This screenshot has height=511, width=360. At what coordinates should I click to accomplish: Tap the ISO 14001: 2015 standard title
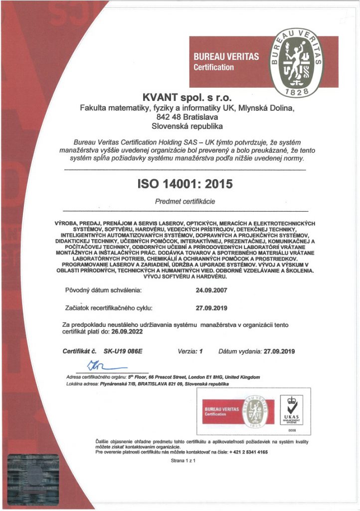tap(184, 184)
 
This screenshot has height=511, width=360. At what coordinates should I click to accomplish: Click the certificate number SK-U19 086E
tap(123, 351)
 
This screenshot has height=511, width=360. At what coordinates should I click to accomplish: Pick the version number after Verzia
tap(201, 351)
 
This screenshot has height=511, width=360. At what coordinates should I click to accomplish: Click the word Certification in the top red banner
tap(213, 67)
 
